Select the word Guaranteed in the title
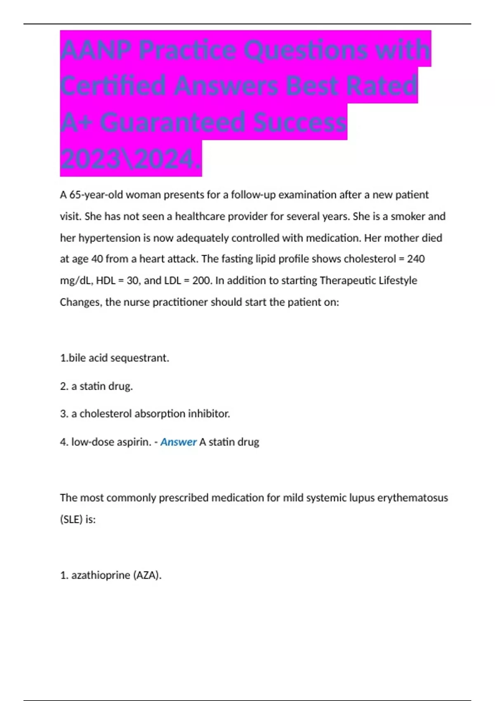click(x=174, y=123)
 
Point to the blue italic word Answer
click(x=178, y=442)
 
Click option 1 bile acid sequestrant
click(x=115, y=358)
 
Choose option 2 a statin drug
click(x=97, y=386)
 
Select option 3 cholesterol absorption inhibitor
click(x=145, y=414)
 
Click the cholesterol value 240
click(x=416, y=259)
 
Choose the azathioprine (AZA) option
click(x=111, y=575)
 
